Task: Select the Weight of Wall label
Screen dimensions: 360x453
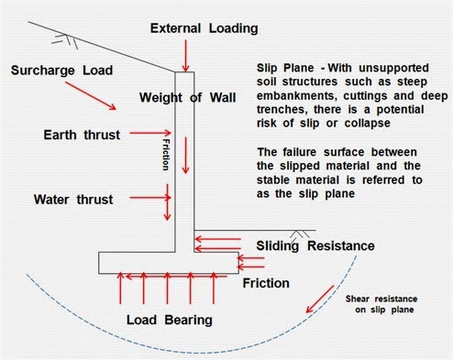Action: click(x=182, y=98)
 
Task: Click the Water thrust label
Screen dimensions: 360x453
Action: click(x=72, y=198)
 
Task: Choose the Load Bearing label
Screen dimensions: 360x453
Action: click(x=170, y=320)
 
